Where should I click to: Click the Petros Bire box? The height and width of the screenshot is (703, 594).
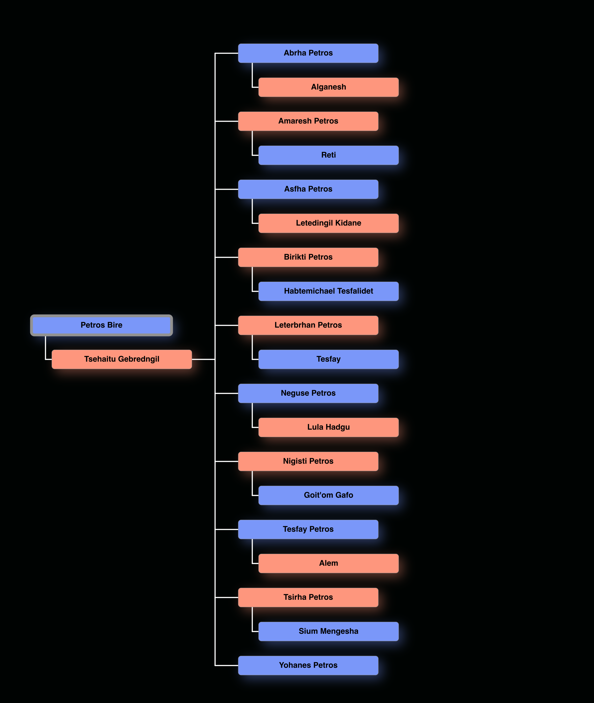[x=101, y=325]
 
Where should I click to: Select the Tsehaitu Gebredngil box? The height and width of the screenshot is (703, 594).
[x=122, y=359]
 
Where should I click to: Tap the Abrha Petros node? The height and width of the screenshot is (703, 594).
[x=308, y=53]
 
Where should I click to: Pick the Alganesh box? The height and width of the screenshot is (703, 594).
[x=328, y=87]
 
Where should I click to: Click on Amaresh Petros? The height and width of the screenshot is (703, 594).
[x=308, y=121]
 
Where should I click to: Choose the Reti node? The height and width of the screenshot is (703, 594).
[x=328, y=155]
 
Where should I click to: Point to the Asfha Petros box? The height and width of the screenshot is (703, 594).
[x=308, y=189]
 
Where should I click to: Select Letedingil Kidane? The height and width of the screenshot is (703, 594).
[x=328, y=223]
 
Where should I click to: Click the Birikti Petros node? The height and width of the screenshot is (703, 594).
[x=308, y=257]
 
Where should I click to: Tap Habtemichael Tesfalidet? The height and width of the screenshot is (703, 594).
[x=328, y=291]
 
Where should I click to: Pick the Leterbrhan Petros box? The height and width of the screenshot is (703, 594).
[x=308, y=325]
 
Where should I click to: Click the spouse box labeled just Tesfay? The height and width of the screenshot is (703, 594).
[x=328, y=359]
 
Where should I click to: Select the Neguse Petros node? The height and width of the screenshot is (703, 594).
[x=308, y=393]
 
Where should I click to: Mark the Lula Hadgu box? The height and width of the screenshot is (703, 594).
[x=328, y=427]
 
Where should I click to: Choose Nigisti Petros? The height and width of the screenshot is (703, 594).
[x=308, y=461]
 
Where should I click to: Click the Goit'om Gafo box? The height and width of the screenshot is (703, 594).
[x=328, y=495]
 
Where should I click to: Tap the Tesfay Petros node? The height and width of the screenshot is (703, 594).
[x=308, y=529]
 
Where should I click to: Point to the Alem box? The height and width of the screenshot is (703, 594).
[x=328, y=563]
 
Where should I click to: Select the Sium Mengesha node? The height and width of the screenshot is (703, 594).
[x=328, y=631]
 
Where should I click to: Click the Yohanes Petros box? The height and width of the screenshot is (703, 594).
[x=308, y=665]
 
